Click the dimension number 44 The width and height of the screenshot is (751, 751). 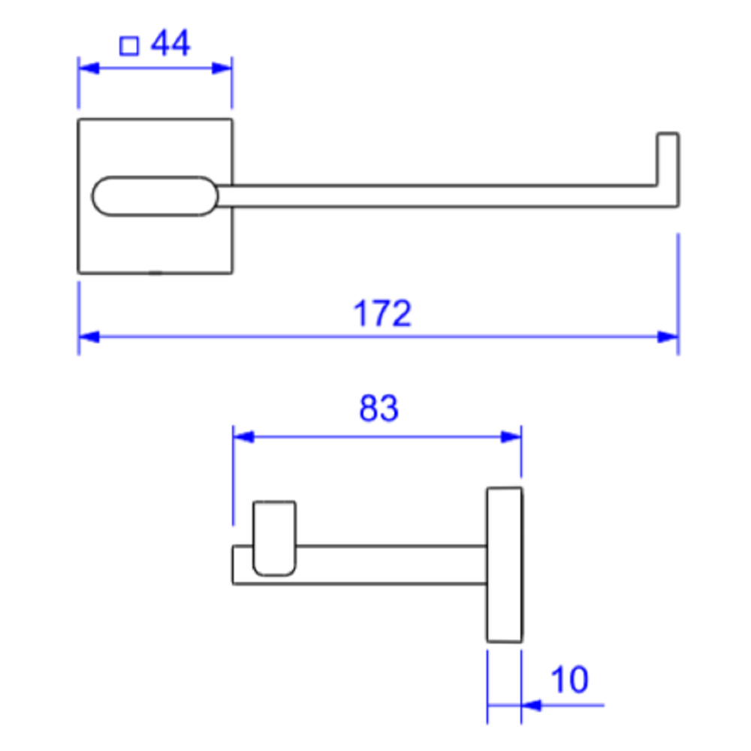tap(170, 43)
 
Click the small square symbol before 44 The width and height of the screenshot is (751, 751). tap(129, 46)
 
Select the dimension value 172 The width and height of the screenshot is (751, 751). tap(382, 314)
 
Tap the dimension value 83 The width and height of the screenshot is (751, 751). tap(379, 408)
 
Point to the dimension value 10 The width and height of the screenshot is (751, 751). tap(569, 679)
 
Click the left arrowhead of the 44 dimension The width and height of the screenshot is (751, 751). tap(89, 68)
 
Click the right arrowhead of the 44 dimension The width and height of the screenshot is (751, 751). tap(222, 68)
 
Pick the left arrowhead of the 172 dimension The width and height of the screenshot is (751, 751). tap(89, 337)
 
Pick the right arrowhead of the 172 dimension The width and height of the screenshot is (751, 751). tap(668, 337)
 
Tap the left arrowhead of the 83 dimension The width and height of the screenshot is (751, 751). tap(244, 437)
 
